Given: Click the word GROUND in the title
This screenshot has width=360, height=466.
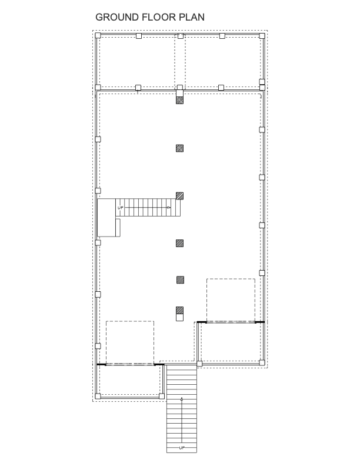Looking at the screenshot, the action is [117, 17].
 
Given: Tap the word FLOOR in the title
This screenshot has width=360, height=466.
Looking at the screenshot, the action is [159, 17].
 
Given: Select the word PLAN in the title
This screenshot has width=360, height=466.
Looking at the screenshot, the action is [192, 17].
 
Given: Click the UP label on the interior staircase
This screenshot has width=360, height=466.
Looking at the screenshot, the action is [121, 208].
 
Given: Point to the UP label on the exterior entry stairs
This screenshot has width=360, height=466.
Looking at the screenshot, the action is [182, 448].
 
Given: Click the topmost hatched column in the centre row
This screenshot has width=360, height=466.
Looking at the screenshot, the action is [179, 100].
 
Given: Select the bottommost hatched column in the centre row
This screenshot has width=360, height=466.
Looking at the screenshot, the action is [179, 311].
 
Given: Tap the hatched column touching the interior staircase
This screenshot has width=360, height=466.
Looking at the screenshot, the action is [179, 195].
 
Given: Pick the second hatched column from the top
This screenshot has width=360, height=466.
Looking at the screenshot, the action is [179, 148].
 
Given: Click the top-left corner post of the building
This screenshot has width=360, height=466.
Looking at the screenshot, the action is [98, 36].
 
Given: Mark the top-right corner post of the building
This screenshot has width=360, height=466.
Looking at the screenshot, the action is [262, 36].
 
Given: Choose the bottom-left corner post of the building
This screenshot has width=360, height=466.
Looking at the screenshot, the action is [98, 396].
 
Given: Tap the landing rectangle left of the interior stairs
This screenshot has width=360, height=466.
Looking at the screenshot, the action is [106, 218].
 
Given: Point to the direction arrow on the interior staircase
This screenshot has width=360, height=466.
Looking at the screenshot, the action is [168, 207].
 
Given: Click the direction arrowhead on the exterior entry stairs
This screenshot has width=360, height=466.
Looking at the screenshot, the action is [182, 399].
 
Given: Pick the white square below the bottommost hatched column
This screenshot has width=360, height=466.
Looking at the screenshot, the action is [179, 317].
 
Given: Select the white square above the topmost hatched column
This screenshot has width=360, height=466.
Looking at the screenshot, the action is [179, 94].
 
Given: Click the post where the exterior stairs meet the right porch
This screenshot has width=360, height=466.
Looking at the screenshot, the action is [199, 364].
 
